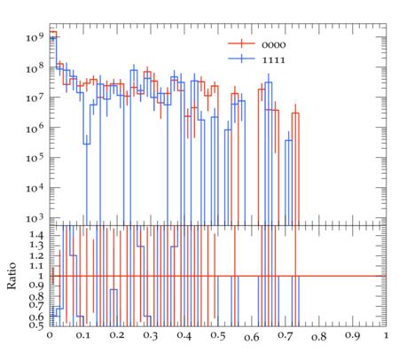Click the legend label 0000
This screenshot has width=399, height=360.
point(274,45)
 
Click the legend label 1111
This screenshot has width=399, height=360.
point(274,60)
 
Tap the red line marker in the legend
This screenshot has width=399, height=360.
point(241,43)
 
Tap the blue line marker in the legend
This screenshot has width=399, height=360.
point(241,59)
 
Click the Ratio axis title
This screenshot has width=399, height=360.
point(12,276)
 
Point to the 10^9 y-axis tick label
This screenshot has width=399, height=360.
point(35,36)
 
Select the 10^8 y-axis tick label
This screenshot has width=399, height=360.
point(35,67)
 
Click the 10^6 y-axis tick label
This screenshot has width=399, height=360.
point(35,128)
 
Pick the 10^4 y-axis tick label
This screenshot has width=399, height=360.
point(35,188)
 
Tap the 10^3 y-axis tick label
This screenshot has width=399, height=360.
point(35,218)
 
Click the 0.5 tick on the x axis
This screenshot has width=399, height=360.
point(218,336)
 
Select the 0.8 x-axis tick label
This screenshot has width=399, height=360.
point(319,337)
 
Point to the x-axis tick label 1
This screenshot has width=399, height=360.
point(386,335)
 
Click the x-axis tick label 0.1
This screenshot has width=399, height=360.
point(83,336)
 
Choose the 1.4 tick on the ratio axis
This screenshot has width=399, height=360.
point(36,235)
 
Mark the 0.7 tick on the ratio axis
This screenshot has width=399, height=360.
point(36,304)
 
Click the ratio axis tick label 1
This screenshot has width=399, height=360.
point(41,276)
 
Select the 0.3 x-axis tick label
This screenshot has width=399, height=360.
point(151,336)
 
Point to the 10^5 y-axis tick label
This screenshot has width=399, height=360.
point(35,158)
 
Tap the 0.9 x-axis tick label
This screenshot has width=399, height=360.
point(353,336)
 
